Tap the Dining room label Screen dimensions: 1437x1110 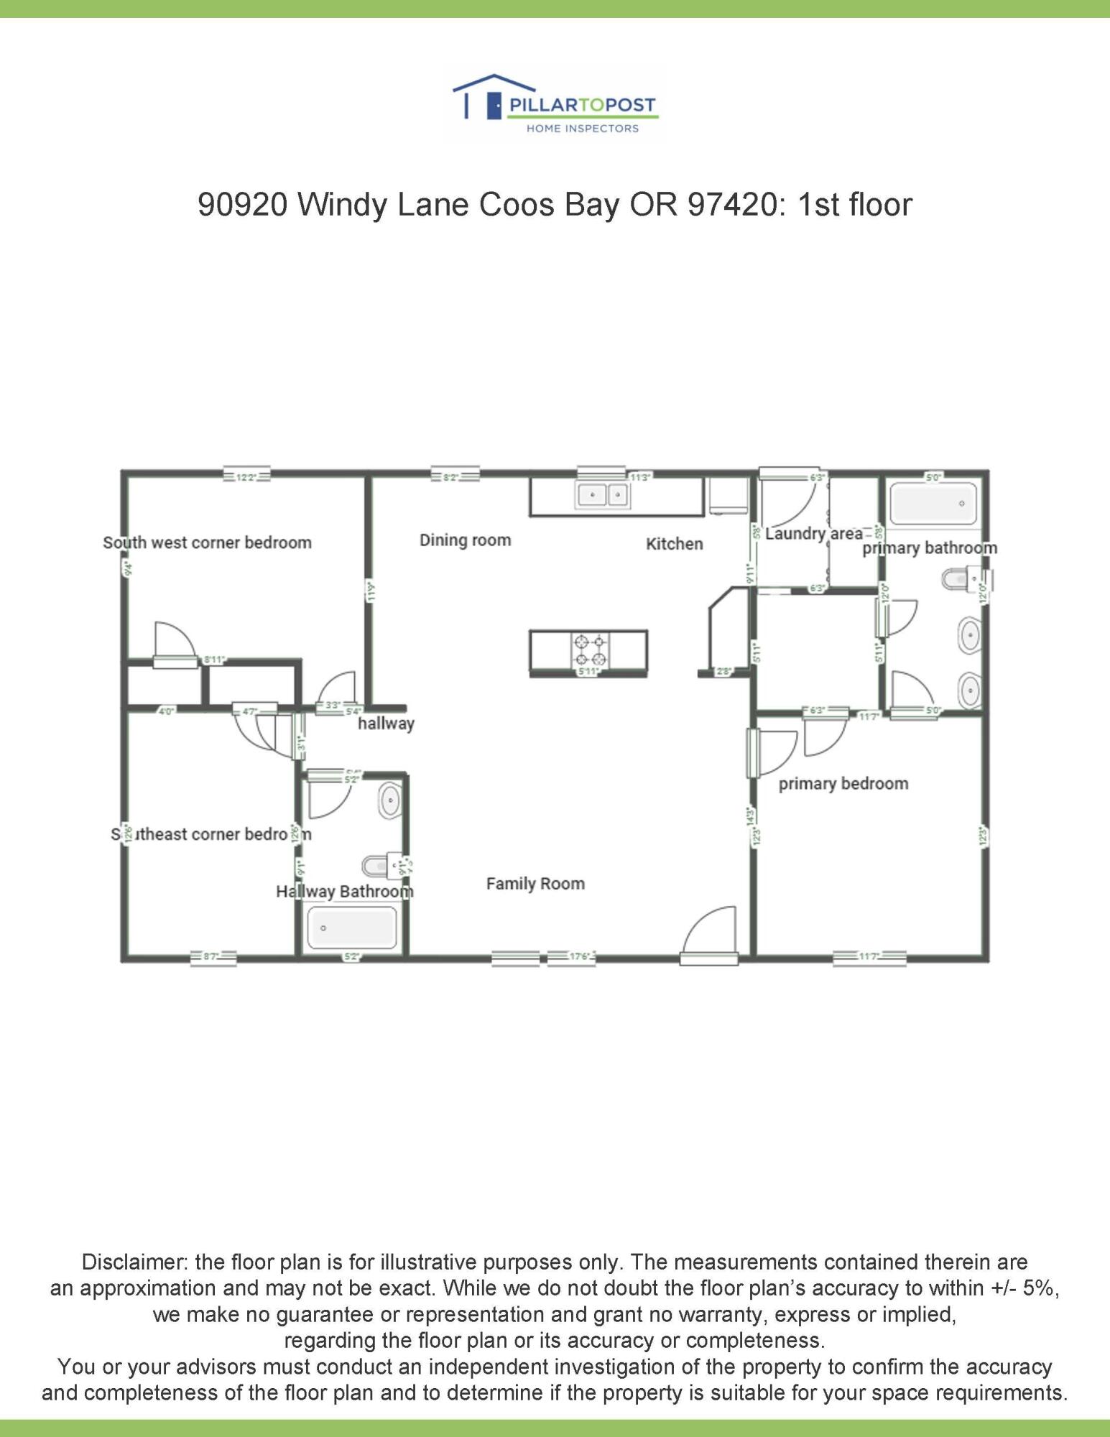click(465, 540)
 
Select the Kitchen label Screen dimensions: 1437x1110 click(674, 544)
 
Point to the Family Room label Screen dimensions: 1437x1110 click(535, 884)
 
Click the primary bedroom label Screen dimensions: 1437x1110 click(843, 784)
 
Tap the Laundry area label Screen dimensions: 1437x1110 click(813, 534)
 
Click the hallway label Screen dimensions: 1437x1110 click(386, 724)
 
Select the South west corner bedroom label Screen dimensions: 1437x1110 click(207, 542)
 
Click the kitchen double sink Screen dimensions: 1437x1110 click(603, 495)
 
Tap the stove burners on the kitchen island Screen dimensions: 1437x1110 click(589, 650)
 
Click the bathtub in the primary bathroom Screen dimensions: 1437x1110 click(933, 504)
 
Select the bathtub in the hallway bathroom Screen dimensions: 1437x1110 click(352, 928)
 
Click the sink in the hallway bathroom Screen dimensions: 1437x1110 click(390, 800)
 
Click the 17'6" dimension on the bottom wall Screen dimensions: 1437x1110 click(579, 956)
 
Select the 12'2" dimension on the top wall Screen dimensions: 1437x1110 click(246, 478)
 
